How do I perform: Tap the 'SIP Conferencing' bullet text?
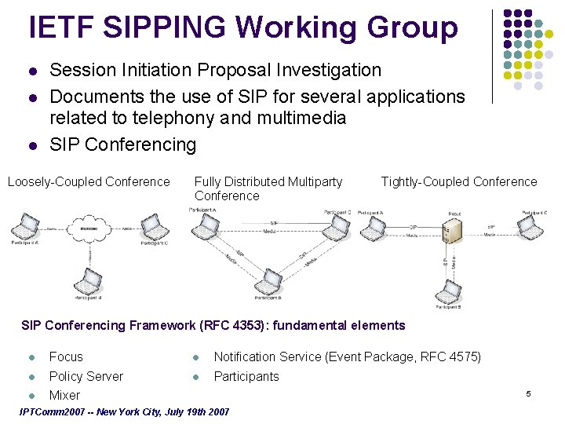[122, 144]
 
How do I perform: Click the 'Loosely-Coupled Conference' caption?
[89, 182]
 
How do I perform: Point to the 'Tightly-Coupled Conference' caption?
[459, 182]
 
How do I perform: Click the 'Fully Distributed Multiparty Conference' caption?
[268, 188]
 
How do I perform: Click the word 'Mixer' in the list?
[64, 395]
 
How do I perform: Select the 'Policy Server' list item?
[86, 376]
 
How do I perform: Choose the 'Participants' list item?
[246, 376]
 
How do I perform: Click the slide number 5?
[529, 393]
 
